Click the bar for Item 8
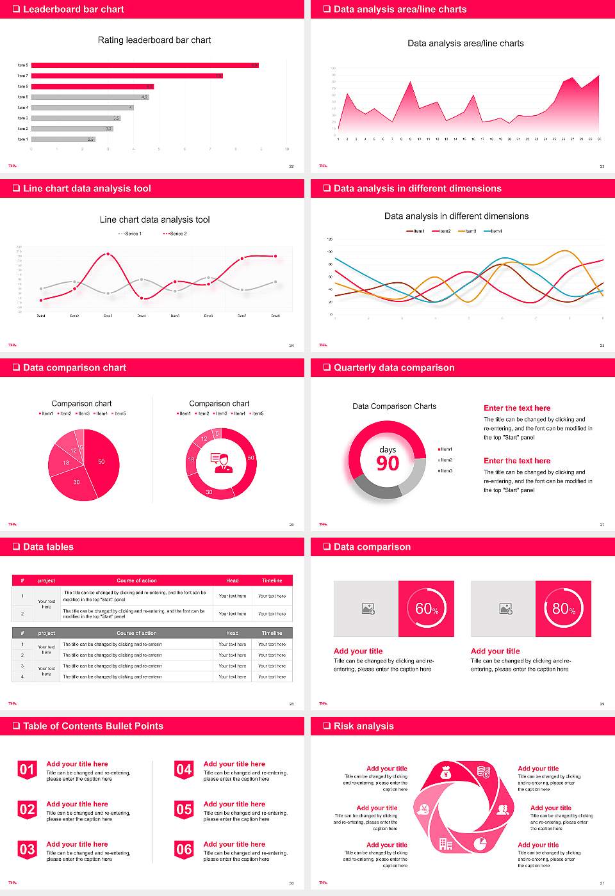pos(144,65)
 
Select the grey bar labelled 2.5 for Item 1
pos(63,139)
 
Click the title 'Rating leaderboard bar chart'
pos(154,40)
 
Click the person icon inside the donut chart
pos(222,463)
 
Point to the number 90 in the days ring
pos(388,463)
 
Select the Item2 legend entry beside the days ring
pos(446,460)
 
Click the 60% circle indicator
pos(427,609)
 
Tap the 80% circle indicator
pos(564,609)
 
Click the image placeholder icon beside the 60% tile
pos(368,609)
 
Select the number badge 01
pos(27,770)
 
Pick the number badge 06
pos(184,850)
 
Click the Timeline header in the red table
pos(272,580)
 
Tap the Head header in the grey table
pos(232,633)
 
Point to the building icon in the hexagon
pos(445,844)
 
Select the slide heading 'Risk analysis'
pos(363,726)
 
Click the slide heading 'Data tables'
pos(48,547)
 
